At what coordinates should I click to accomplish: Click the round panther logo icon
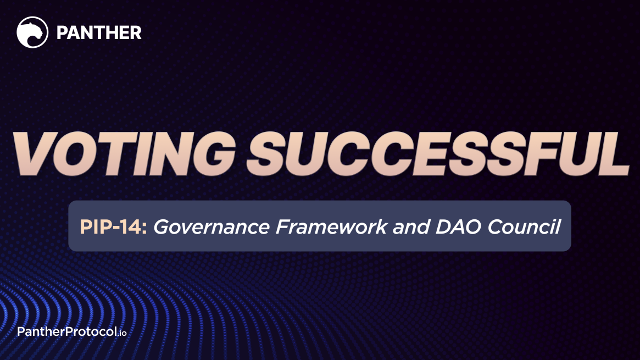32,32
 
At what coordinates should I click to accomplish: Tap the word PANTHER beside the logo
99,33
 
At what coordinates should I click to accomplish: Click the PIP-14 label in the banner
113,226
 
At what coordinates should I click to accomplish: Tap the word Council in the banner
525,226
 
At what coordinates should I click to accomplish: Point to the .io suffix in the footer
121,333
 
